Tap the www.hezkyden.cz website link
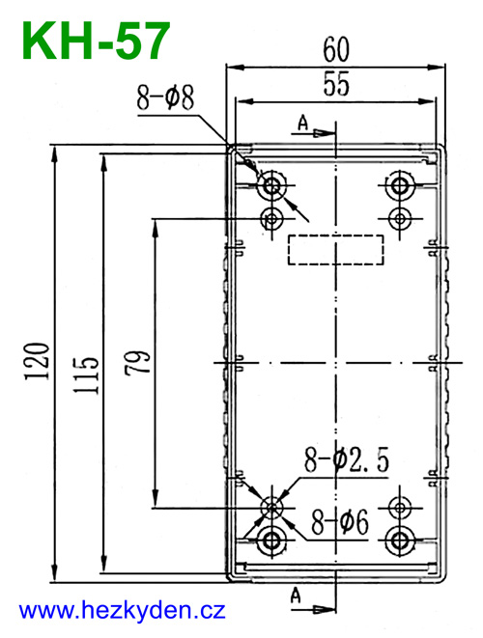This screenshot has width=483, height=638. (x=123, y=611)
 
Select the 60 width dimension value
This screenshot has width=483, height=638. (x=336, y=49)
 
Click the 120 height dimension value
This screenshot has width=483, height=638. (x=37, y=362)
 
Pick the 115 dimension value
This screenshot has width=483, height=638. (x=86, y=375)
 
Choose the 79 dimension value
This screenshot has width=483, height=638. (x=137, y=361)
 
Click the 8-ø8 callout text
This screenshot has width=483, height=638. (x=165, y=98)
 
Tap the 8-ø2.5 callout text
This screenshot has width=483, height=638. (x=347, y=459)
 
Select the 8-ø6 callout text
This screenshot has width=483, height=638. (x=340, y=522)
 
